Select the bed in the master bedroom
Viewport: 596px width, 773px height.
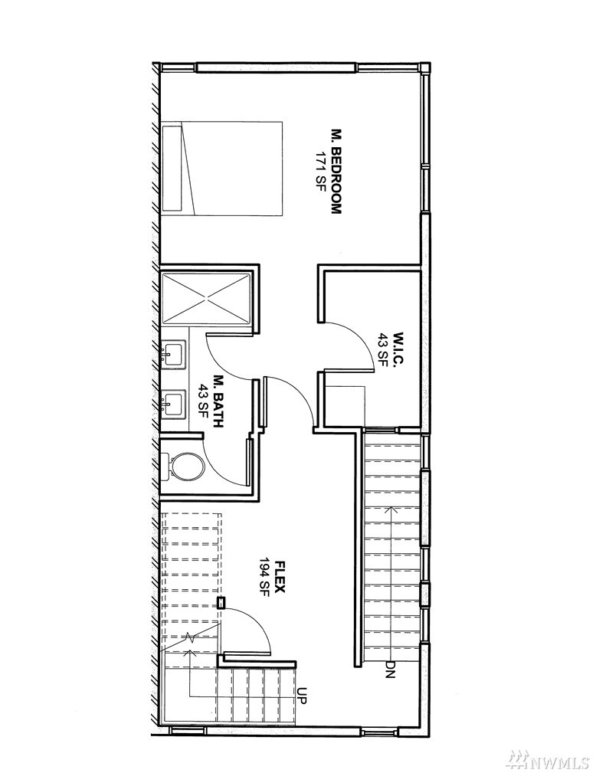tap(222, 168)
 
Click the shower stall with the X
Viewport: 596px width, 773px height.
tap(206, 298)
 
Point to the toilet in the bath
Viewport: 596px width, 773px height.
tap(183, 465)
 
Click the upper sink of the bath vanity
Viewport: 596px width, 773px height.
tap(171, 354)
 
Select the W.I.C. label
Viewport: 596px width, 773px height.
tap(398, 348)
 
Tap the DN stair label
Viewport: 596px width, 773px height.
tap(390, 669)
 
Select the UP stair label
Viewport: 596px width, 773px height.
tap(302, 696)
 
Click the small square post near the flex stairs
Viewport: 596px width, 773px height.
tap(221, 602)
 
